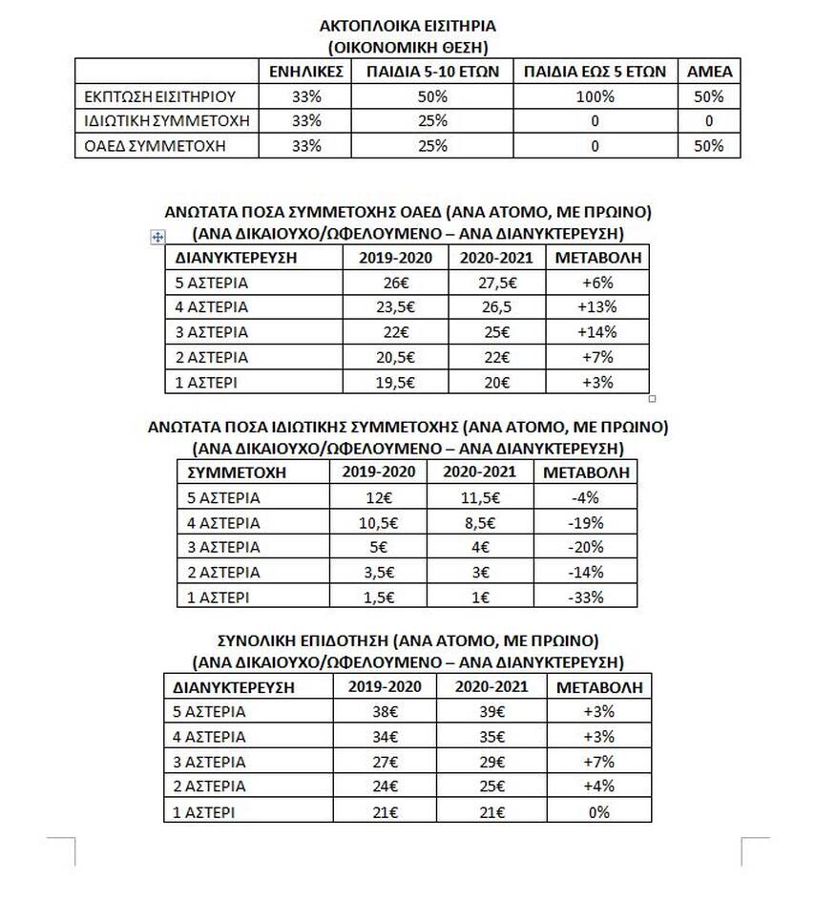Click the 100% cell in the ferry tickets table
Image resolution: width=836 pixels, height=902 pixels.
point(595,96)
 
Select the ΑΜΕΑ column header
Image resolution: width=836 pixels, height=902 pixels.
point(709,72)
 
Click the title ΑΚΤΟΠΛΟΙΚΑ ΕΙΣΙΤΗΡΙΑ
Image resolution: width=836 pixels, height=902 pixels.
point(407,27)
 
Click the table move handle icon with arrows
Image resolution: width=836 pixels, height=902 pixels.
point(158,238)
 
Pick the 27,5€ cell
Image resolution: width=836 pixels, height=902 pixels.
point(495,283)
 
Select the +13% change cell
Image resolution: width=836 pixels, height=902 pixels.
point(598,307)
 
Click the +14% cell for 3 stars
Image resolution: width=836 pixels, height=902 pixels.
point(598,332)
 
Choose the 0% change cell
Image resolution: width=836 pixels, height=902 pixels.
point(598,810)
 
